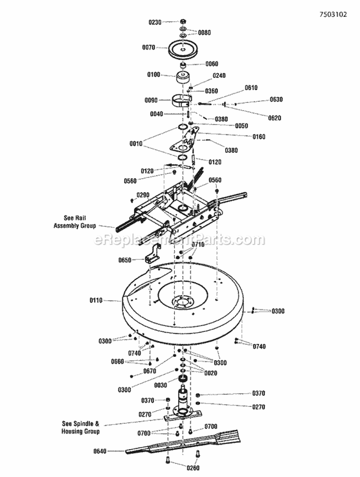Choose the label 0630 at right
click(x=276, y=99)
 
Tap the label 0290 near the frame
click(x=144, y=195)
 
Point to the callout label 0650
click(x=125, y=260)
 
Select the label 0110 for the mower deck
click(x=96, y=301)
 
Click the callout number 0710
click(x=198, y=245)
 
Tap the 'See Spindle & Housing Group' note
click(x=81, y=428)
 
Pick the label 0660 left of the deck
click(x=118, y=362)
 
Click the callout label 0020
click(x=210, y=373)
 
